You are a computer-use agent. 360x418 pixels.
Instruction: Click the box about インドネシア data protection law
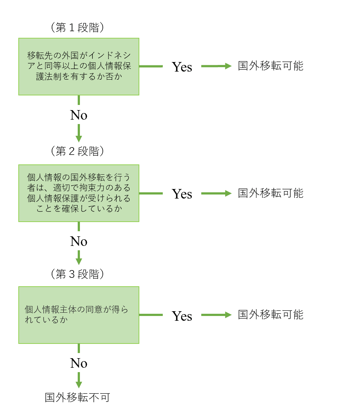[x=79, y=66]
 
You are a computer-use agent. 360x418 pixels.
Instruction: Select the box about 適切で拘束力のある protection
[x=79, y=193]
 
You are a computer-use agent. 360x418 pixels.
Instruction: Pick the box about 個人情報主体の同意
[x=79, y=315]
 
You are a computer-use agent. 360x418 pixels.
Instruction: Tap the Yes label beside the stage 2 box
[x=182, y=193]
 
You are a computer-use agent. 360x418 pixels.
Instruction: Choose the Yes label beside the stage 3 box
[x=182, y=316]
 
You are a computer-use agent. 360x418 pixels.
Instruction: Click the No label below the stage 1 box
[x=79, y=115]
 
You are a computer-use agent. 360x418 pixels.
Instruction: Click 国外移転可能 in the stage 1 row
[x=271, y=66]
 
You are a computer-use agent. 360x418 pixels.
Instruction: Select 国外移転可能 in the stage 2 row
[x=271, y=193]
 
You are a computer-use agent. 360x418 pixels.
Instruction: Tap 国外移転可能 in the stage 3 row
[x=271, y=315]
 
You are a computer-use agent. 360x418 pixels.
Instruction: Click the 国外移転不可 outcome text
[x=77, y=398]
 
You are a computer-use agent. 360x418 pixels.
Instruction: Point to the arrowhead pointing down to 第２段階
[x=79, y=139]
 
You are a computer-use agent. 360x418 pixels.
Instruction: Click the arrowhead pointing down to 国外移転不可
[x=79, y=384]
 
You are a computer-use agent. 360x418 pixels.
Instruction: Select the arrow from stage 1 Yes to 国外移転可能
[x=216, y=66]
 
